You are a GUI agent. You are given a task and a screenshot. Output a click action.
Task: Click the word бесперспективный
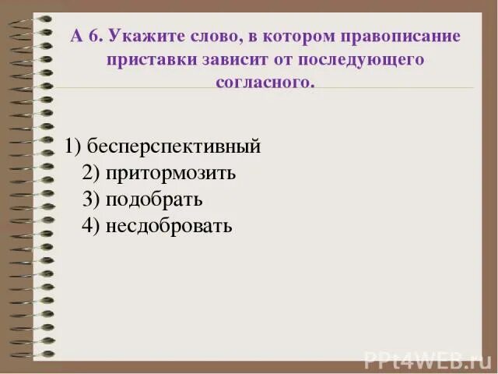[x=174, y=146]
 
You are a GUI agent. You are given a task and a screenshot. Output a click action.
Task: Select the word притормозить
[x=171, y=173]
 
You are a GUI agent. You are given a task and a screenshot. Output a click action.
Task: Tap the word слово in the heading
[x=205, y=37]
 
